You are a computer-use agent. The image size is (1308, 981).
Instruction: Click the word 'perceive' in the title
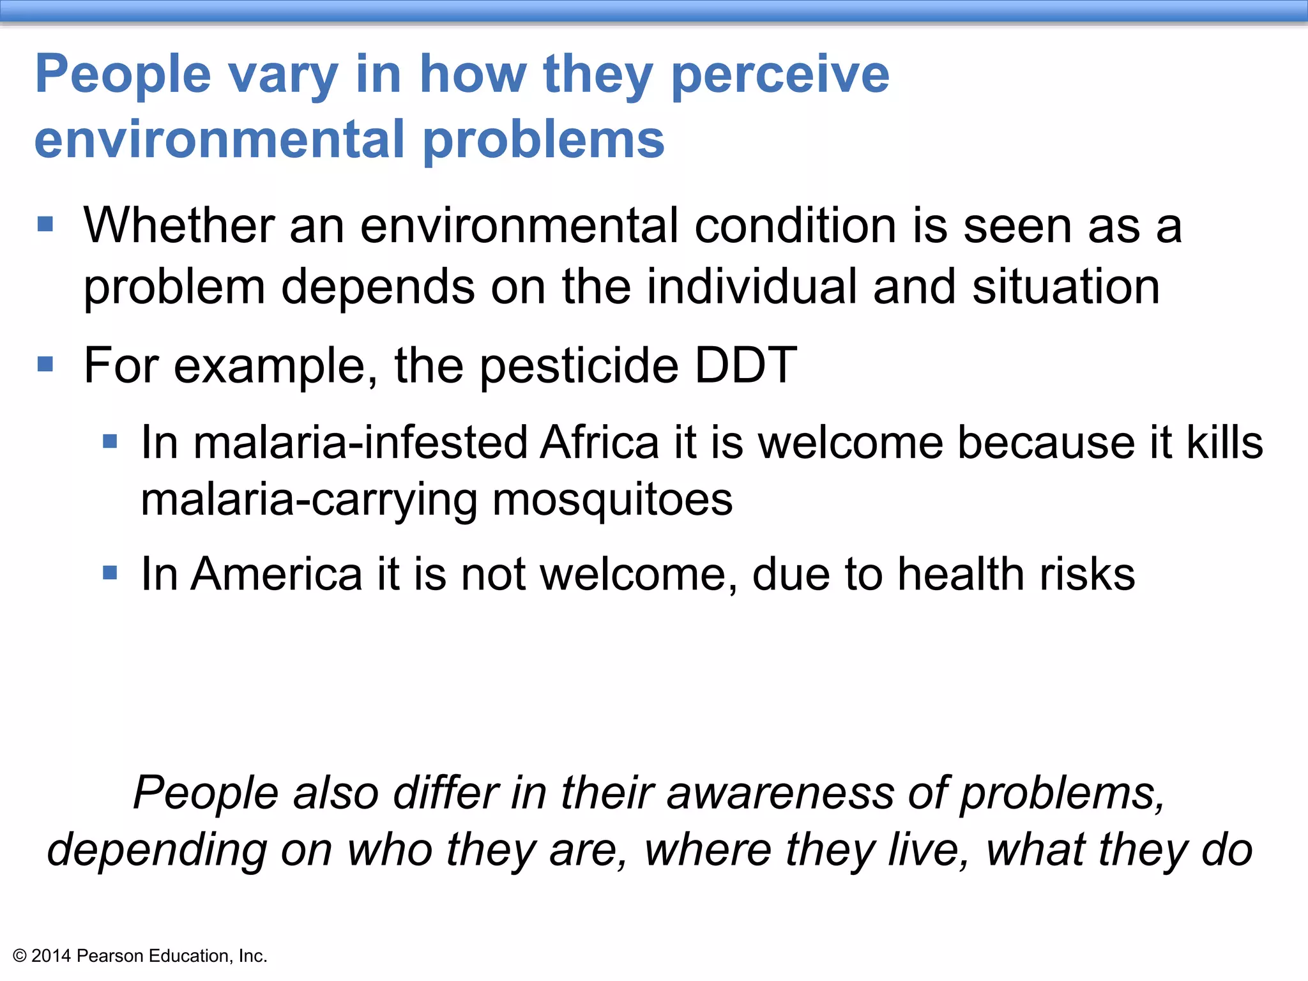tap(780, 75)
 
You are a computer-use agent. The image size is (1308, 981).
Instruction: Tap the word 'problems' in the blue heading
tap(544, 141)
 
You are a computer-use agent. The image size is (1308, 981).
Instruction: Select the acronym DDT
tap(745, 365)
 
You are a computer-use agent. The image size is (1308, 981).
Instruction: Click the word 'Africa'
tap(599, 443)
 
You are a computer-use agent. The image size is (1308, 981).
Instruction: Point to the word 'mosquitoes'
tap(612, 499)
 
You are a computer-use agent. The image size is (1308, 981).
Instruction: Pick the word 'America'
tap(277, 574)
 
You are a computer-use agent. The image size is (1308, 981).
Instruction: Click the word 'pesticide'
tap(579, 365)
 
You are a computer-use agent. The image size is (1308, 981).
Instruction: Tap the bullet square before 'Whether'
tap(45, 224)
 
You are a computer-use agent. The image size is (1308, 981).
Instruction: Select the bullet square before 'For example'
tap(45, 364)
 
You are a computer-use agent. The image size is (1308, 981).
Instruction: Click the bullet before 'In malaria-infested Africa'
tap(110, 441)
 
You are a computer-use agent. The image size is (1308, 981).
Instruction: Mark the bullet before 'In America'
tap(110, 572)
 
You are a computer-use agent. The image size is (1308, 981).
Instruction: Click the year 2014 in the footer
tap(50, 956)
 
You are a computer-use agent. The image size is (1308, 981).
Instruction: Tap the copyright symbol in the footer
tap(19, 956)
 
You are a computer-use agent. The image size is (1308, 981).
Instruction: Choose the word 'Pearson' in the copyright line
tap(110, 956)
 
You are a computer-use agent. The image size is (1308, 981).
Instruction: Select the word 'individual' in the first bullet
tap(752, 287)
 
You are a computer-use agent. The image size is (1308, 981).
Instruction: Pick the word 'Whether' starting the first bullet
tap(179, 226)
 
